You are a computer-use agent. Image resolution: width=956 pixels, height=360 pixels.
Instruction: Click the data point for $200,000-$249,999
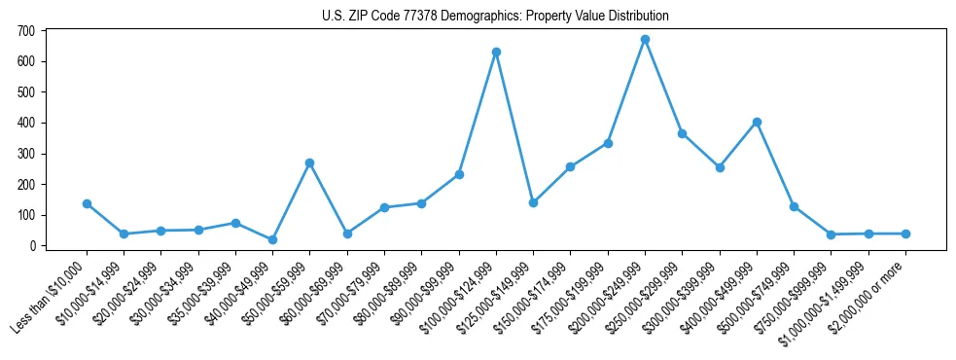(645, 40)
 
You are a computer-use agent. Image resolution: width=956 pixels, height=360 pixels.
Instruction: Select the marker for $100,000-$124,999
(496, 52)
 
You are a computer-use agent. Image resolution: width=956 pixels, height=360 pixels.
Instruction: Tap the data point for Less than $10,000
(87, 203)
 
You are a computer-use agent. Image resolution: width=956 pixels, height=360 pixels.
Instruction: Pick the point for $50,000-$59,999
(309, 162)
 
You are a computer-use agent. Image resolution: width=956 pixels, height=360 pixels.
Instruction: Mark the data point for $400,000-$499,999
(757, 122)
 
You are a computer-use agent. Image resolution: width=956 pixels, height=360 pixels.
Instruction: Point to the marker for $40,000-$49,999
(272, 239)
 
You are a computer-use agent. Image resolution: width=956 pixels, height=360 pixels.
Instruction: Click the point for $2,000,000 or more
(905, 234)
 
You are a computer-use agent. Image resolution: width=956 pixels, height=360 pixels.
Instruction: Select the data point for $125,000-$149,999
(533, 202)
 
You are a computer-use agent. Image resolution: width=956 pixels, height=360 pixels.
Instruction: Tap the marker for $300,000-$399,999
(720, 167)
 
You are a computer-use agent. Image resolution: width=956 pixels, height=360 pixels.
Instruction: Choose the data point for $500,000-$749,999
(794, 206)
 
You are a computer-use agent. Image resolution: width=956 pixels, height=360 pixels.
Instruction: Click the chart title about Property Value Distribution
(495, 17)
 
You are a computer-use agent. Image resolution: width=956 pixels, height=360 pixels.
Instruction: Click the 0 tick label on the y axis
(32, 246)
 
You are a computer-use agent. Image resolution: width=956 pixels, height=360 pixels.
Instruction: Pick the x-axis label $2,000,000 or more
(871, 293)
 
